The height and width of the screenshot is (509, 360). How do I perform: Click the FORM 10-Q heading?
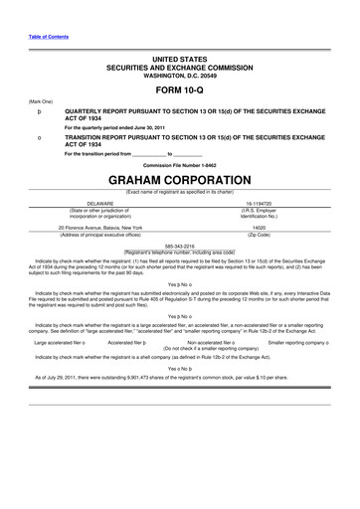[180, 85]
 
